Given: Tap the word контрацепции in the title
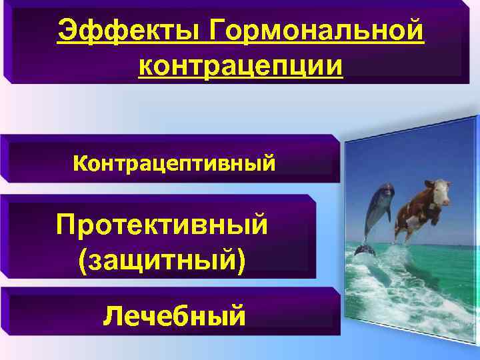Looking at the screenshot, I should tap(241, 67).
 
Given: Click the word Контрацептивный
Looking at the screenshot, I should tap(173, 162).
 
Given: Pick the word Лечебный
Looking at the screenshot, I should tap(174, 314).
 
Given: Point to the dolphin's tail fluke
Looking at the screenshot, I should tap(364, 250).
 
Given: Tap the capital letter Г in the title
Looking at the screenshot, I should tap(219, 31).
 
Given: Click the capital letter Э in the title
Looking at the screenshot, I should tap(67, 31).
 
